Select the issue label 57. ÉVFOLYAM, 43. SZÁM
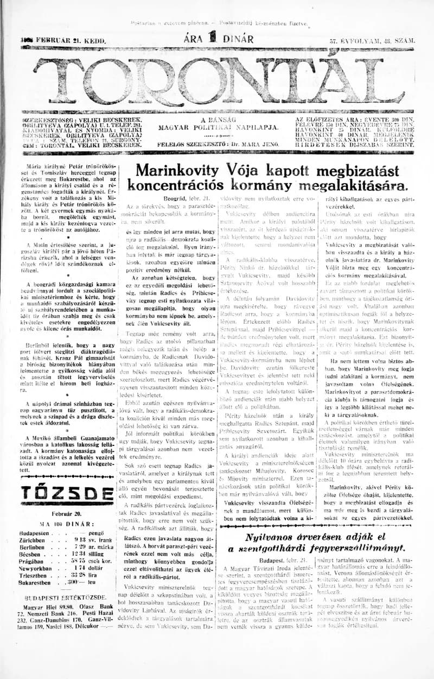(372, 41)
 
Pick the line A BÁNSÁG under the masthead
(214, 120)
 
